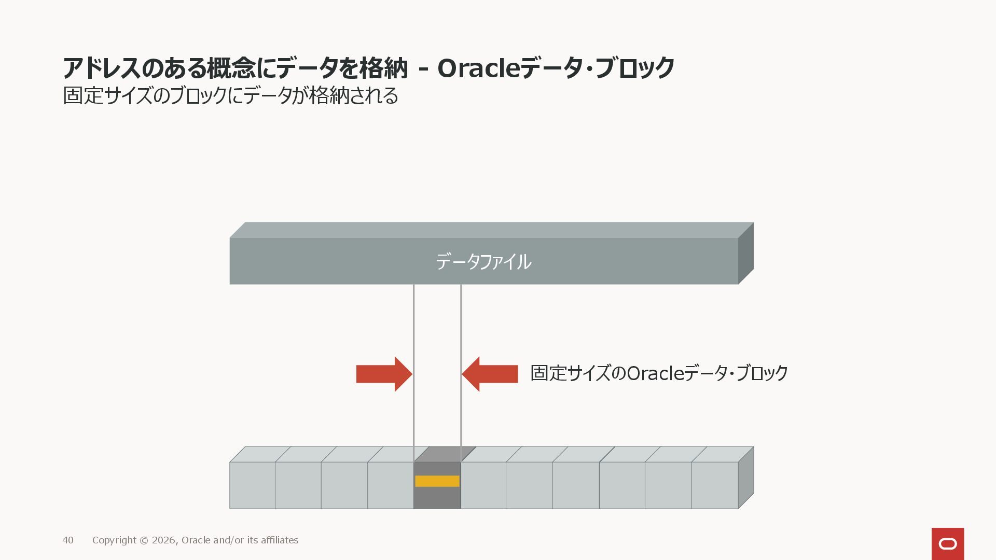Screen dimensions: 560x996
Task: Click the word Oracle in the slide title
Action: click(x=478, y=68)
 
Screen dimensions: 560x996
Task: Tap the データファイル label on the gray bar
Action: click(x=483, y=262)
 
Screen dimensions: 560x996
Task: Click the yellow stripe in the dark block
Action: click(x=437, y=481)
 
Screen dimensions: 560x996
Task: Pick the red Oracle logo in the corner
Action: click(x=947, y=543)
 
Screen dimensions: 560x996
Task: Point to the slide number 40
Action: click(x=68, y=540)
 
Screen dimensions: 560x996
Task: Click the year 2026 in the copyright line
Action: click(x=164, y=540)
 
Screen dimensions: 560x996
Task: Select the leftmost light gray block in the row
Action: click(x=252, y=485)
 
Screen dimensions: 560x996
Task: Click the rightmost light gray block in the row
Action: click(x=714, y=485)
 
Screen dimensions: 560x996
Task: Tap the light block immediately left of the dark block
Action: click(x=391, y=485)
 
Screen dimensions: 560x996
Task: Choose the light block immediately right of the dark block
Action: click(x=483, y=485)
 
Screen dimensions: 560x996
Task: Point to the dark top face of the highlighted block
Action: click(x=445, y=454)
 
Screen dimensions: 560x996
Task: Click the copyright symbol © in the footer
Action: click(x=144, y=540)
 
